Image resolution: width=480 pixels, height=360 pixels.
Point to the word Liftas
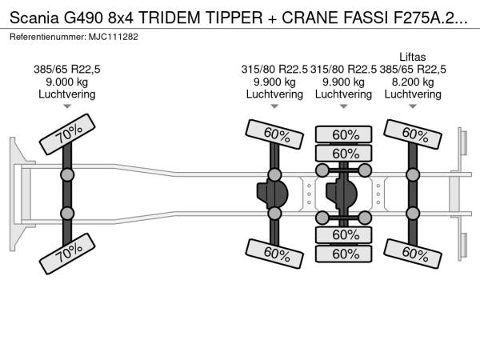pyautogui.click(x=413, y=55)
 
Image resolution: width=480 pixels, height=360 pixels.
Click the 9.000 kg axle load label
pyautogui.click(x=67, y=82)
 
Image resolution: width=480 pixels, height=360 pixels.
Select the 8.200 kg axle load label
pyautogui.click(x=413, y=82)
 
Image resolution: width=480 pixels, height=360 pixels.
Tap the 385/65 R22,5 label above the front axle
pyautogui.click(x=67, y=69)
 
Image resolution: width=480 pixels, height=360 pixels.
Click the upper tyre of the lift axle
pyautogui.click(x=413, y=133)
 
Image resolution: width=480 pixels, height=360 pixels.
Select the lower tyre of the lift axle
pyautogui.click(x=413, y=253)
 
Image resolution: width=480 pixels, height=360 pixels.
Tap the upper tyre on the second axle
pyautogui.click(x=274, y=133)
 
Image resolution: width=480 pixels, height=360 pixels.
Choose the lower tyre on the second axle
pyautogui.click(x=274, y=253)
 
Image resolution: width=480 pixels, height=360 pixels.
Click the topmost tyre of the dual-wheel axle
pyautogui.click(x=345, y=134)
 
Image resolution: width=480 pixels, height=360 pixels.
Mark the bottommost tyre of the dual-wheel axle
pyautogui.click(x=345, y=254)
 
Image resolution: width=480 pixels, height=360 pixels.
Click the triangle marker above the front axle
pyautogui.click(x=67, y=106)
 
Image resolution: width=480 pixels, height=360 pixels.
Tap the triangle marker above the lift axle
pyautogui.click(x=413, y=106)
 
